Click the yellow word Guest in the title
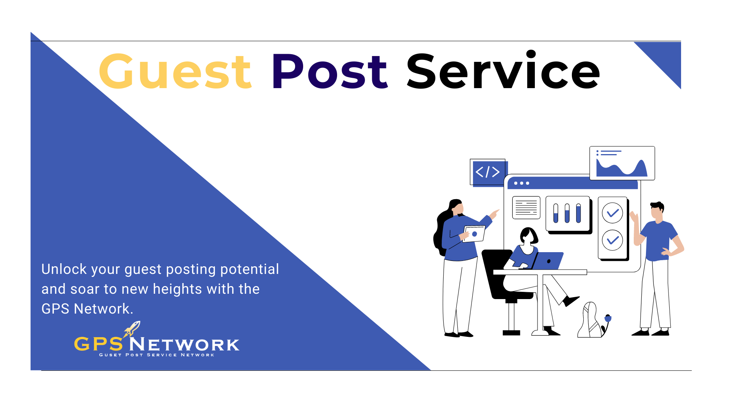(175, 72)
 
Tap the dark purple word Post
(329, 72)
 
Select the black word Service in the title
(503, 71)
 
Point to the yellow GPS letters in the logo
(98, 344)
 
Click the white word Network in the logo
(184, 345)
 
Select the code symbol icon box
(488, 172)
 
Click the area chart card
(622, 163)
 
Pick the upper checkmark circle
(612, 213)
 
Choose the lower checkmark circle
(612, 240)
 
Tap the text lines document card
(526, 208)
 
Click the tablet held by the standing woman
(474, 233)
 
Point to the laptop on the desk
(548, 261)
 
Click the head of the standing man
(657, 211)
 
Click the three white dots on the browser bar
(521, 183)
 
